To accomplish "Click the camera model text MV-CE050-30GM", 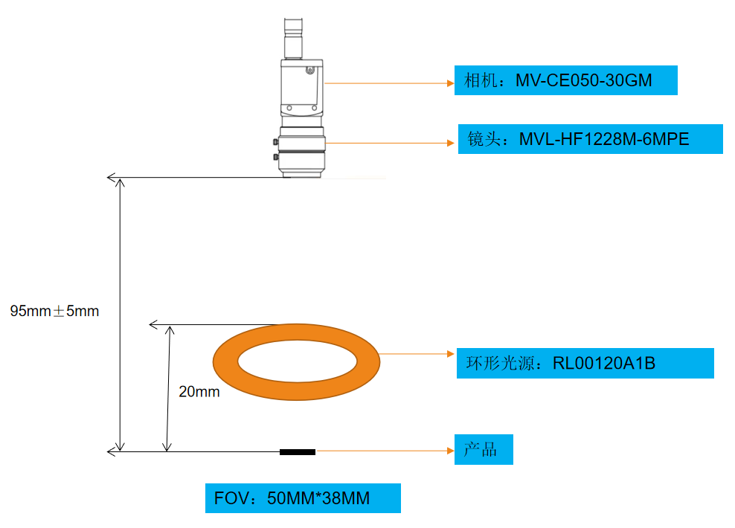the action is (x=583, y=80).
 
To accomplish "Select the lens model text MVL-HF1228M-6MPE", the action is (x=604, y=139).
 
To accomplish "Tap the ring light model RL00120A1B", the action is (x=604, y=363).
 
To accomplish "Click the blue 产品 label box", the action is (x=484, y=449).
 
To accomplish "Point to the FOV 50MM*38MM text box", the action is (x=303, y=498).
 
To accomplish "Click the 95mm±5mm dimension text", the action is (x=54, y=311).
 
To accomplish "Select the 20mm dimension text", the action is (x=199, y=391).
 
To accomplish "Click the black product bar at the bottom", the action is (x=297, y=452).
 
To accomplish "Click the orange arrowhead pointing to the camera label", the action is (x=451, y=83).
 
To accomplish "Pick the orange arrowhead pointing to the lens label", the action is (x=451, y=143).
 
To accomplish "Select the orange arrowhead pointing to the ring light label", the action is (x=451, y=354).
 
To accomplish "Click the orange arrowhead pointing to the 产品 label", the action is (x=451, y=451).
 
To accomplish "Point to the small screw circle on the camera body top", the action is (x=309, y=71).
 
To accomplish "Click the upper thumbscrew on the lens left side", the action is (x=275, y=141).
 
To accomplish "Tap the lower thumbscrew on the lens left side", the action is (x=275, y=157).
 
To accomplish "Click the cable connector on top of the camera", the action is (x=293, y=39).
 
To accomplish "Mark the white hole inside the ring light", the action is (x=297, y=361).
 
